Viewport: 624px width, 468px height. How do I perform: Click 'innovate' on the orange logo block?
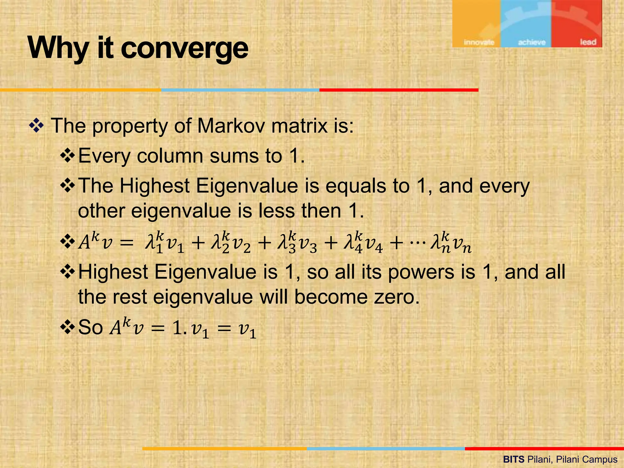tap(479, 42)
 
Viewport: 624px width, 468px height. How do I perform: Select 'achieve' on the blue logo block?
tap(531, 42)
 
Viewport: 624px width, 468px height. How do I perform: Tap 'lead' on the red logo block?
tap(588, 42)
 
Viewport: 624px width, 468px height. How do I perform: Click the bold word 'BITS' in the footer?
tap(514, 459)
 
